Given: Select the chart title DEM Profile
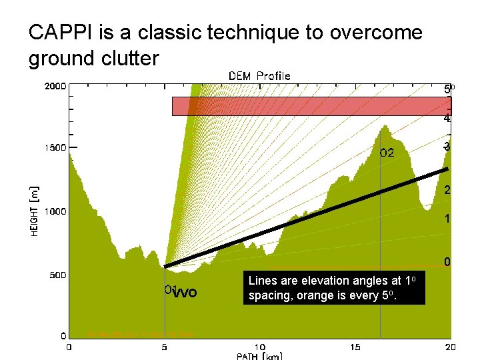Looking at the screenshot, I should click(259, 76).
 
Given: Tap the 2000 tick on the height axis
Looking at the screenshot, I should click(55, 86).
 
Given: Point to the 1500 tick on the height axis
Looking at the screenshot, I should click(55, 148).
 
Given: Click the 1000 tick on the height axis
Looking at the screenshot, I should click(55, 211).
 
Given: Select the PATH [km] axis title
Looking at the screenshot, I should click(260, 356).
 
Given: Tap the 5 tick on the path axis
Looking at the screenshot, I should click(165, 346).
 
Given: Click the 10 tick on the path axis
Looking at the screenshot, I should click(260, 346).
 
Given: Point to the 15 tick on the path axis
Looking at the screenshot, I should click(355, 346).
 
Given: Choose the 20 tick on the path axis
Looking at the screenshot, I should click(450, 346).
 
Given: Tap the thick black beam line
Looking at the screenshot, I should click(307, 218).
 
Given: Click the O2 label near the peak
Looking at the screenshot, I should click(387, 153).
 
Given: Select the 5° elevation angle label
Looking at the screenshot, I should click(449, 89).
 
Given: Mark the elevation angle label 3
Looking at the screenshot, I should click(447, 147).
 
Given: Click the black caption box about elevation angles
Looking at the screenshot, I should click(333, 287).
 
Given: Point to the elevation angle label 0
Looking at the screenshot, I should click(448, 262).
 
